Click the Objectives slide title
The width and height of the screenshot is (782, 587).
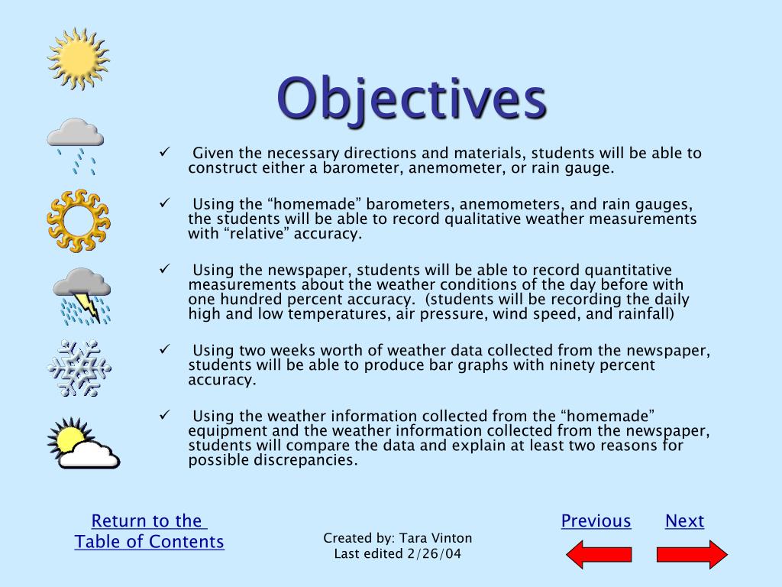pyautogui.click(x=411, y=99)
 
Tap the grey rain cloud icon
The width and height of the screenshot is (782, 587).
pyautogui.click(x=75, y=143)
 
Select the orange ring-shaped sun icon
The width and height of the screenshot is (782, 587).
pyautogui.click(x=78, y=221)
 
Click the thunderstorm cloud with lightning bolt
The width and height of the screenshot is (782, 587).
pyautogui.click(x=82, y=295)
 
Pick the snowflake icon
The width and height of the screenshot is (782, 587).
pyautogui.click(x=79, y=368)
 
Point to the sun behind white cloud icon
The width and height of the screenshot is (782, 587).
pyautogui.click(x=82, y=444)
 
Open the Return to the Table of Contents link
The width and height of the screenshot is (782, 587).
pyautogui.click(x=150, y=531)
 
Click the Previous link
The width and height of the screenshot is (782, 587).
pyautogui.click(x=596, y=521)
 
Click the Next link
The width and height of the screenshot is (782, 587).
pyautogui.click(x=684, y=521)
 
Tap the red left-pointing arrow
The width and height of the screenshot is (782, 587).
pyautogui.click(x=599, y=554)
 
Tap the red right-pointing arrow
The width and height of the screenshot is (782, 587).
pyautogui.click(x=692, y=554)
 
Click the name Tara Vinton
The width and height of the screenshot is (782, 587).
pyautogui.click(x=435, y=539)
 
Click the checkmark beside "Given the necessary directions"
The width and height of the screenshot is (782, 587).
pyautogui.click(x=163, y=151)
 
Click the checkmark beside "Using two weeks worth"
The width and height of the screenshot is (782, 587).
pyautogui.click(x=163, y=349)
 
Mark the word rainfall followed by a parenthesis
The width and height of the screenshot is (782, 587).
pyautogui.click(x=640, y=313)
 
